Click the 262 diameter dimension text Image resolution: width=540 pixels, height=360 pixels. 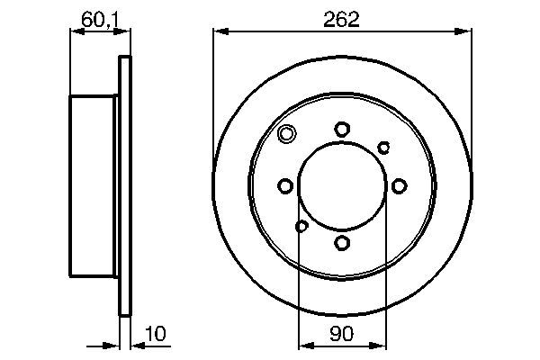(x=343, y=19)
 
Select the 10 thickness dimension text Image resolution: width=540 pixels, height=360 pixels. (x=157, y=334)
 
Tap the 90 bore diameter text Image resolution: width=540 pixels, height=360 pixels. (x=342, y=334)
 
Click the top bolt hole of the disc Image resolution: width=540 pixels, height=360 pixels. (x=342, y=130)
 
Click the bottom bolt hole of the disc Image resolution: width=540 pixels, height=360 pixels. (x=342, y=242)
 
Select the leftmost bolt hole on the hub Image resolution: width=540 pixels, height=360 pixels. (x=286, y=186)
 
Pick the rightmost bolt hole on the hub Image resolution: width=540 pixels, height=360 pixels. (x=398, y=186)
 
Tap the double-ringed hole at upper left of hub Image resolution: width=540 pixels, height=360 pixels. (x=287, y=136)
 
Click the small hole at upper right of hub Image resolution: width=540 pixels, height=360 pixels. (x=383, y=147)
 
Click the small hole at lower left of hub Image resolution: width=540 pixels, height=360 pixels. (x=301, y=226)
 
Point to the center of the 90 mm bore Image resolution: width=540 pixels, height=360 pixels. (x=342, y=186)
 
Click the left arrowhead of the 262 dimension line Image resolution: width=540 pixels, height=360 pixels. (x=218, y=32)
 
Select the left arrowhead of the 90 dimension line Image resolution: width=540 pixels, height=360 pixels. (x=302, y=346)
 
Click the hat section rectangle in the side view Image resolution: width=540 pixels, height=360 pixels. (x=93, y=186)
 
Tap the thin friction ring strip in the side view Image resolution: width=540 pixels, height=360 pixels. (x=125, y=186)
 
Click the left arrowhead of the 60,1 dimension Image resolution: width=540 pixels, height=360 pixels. (x=75, y=32)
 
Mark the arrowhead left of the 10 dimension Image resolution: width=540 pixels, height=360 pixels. (x=114, y=346)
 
